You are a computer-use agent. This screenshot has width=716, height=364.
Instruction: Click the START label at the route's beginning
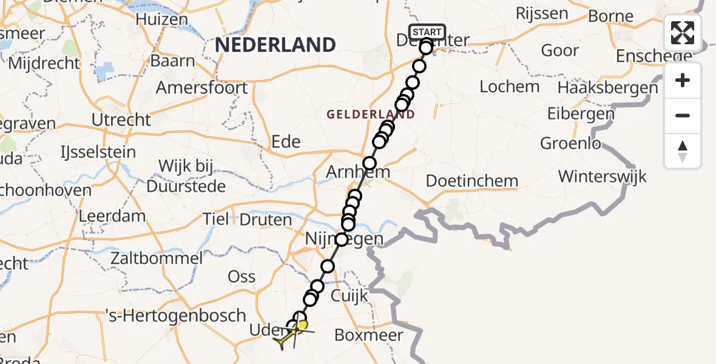click(x=427, y=32)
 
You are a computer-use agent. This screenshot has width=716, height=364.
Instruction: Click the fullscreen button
click(x=683, y=33)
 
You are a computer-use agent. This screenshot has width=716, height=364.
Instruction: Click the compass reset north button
click(x=683, y=151)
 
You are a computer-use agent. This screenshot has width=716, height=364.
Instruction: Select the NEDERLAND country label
click(x=275, y=45)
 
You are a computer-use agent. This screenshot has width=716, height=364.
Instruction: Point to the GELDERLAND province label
click(x=371, y=114)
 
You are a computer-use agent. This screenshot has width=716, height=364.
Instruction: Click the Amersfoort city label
click(x=201, y=88)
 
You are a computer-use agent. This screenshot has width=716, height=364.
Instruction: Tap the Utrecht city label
click(x=121, y=120)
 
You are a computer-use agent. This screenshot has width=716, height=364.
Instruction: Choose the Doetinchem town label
click(x=471, y=181)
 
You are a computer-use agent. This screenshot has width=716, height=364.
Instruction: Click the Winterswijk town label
click(x=602, y=177)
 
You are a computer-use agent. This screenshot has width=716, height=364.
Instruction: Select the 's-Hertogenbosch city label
click(x=175, y=315)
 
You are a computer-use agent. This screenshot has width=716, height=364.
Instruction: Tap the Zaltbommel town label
click(x=157, y=258)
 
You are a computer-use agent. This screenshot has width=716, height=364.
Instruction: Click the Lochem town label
click(x=509, y=87)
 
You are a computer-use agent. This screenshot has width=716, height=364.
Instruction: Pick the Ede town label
click(x=286, y=142)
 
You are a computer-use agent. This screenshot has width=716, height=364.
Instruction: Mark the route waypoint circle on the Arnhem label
click(x=369, y=163)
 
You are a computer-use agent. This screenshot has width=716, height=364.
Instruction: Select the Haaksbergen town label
click(x=607, y=88)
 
